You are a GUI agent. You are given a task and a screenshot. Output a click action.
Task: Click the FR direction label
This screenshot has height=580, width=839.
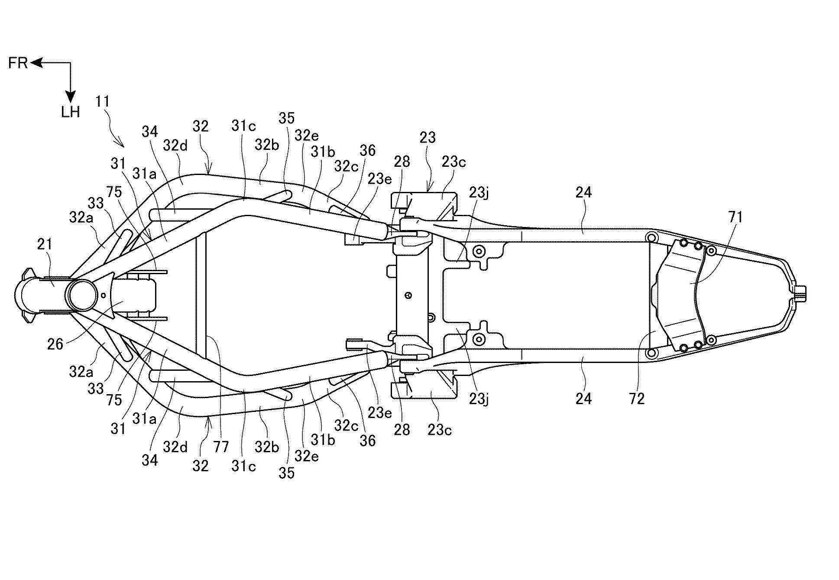(x=18, y=63)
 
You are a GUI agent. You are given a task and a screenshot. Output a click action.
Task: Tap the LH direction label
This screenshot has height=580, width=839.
(x=70, y=113)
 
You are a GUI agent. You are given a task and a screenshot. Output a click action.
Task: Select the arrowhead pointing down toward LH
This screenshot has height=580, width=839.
(x=70, y=97)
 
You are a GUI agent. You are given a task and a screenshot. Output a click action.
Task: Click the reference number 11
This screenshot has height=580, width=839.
(x=103, y=102)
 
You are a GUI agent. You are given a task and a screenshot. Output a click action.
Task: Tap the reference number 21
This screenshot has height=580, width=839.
(x=45, y=245)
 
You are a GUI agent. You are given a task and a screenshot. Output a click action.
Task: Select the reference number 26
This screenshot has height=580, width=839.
(x=55, y=344)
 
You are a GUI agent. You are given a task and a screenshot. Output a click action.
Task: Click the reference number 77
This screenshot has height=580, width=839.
(x=221, y=446)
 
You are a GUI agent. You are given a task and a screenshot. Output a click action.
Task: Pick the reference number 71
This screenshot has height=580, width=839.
(x=735, y=217)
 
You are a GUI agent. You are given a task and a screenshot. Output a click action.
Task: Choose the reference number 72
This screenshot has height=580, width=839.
(x=637, y=399)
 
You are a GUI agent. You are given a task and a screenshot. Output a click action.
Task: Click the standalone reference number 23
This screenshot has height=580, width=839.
(x=428, y=138)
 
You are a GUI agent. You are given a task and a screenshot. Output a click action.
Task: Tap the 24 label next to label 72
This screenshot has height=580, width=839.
(x=583, y=399)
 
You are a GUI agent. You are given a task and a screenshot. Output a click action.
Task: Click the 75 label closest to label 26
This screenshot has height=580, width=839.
(x=114, y=399)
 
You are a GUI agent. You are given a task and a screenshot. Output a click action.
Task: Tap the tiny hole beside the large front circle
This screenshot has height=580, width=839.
(x=103, y=295)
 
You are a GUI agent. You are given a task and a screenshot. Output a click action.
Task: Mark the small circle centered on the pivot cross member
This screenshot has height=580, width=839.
(x=408, y=296)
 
